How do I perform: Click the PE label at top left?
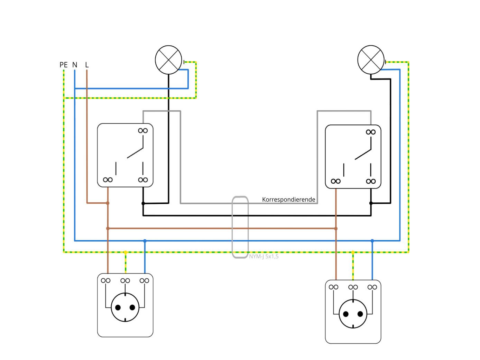(64, 65)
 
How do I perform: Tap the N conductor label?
(75, 65)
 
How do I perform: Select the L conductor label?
(87, 65)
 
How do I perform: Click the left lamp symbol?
(168, 59)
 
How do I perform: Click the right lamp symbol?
(371, 59)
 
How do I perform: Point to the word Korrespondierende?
(288, 200)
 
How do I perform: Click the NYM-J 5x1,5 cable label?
(264, 257)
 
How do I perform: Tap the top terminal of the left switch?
(143, 130)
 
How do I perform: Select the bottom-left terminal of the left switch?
(108, 180)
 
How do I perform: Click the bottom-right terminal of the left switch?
(143, 180)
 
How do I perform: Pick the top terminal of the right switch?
(371, 132)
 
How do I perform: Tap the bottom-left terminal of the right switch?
(335, 181)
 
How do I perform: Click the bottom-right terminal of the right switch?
(371, 181)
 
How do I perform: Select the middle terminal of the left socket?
(125, 280)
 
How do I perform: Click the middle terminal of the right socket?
(353, 287)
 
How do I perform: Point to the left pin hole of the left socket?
(118, 307)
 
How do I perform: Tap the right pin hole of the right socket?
(360, 314)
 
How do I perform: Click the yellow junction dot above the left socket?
(126, 252)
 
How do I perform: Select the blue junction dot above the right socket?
(372, 241)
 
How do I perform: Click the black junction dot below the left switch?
(143, 203)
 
